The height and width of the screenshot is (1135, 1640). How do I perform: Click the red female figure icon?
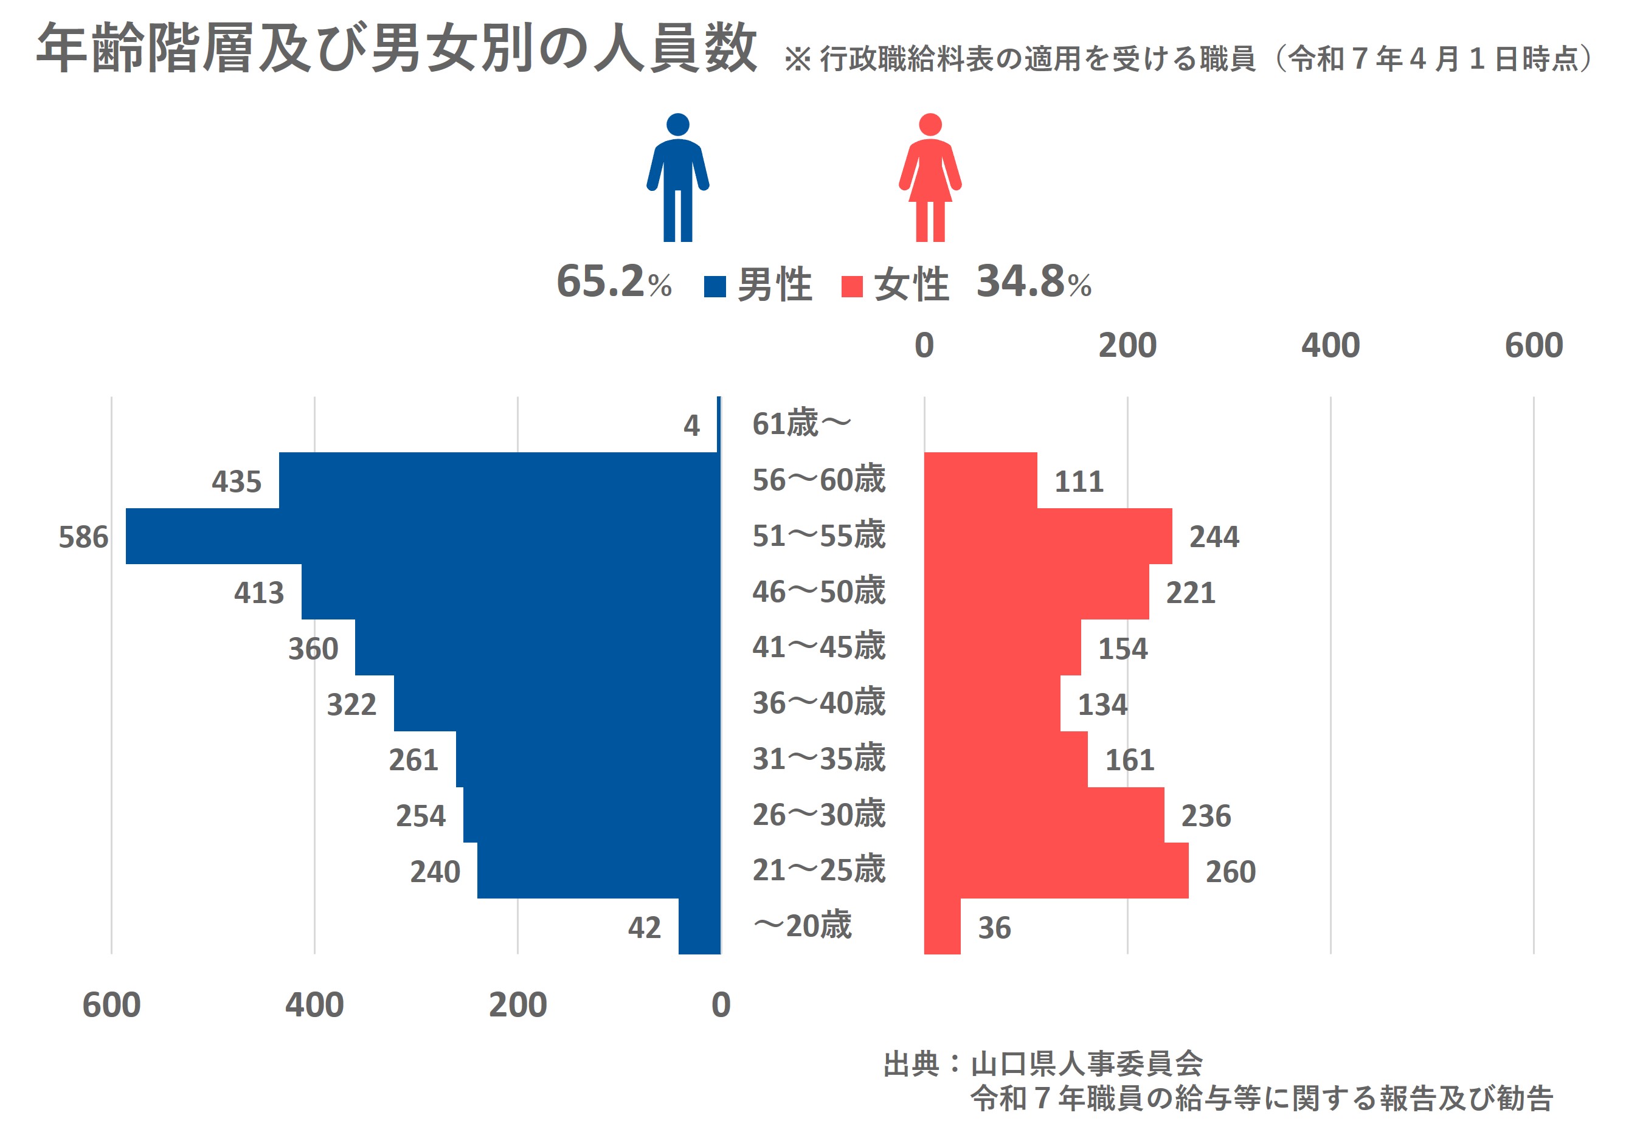click(930, 178)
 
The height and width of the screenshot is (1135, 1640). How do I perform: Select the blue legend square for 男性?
click(714, 286)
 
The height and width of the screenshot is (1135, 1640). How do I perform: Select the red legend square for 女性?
click(851, 286)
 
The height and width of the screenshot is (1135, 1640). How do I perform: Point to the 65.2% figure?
click(613, 281)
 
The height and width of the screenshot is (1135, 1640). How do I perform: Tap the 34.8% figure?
click(1033, 281)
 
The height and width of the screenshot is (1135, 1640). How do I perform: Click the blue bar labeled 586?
click(423, 536)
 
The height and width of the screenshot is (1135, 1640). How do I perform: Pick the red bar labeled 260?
click(1056, 871)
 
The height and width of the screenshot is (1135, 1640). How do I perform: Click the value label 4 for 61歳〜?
click(691, 426)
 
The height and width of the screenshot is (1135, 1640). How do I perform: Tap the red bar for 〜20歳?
click(943, 926)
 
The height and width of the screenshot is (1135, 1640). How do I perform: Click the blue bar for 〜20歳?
click(699, 926)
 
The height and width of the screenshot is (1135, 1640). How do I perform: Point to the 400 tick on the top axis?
click(1330, 346)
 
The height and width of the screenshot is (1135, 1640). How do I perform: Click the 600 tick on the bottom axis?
click(112, 1005)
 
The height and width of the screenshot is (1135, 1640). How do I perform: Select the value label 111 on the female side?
click(1078, 481)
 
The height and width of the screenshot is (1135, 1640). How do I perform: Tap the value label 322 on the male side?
click(351, 704)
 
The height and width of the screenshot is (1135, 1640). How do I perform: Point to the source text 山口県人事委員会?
click(1086, 1064)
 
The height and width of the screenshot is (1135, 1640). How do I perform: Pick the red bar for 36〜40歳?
click(992, 703)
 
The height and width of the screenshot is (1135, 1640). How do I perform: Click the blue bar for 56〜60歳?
click(499, 480)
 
